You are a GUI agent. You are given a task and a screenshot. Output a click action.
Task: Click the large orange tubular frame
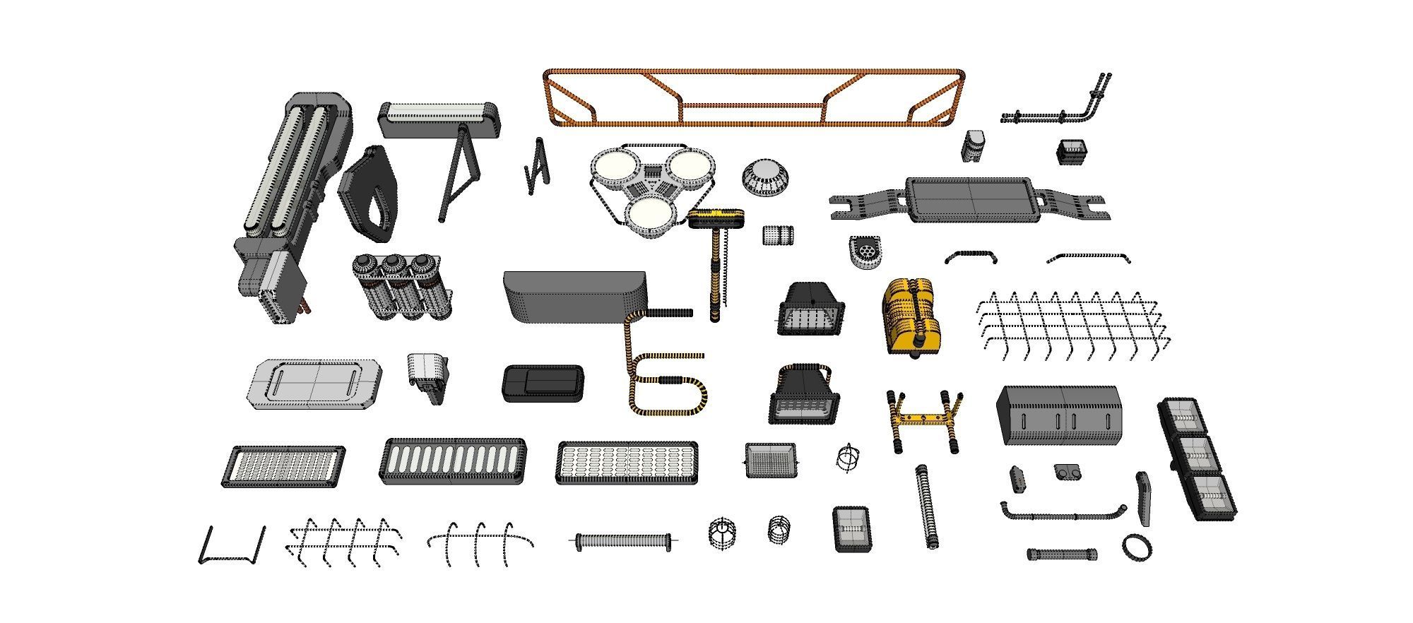pos(753,73)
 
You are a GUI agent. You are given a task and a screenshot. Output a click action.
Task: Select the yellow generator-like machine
pos(911,316)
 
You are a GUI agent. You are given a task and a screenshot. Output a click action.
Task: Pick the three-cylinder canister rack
pos(401,285)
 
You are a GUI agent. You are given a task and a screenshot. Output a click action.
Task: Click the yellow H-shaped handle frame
pos(924,421)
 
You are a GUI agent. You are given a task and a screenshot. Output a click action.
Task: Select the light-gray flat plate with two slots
pos(314,384)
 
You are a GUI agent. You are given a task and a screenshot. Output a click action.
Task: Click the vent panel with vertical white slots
pos(453,461)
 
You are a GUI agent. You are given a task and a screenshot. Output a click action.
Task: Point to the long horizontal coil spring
pos(622,542)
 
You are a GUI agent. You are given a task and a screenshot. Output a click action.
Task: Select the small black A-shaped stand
pos(537,168)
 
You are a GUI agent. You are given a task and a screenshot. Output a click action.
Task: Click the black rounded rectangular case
pos(543,384)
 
